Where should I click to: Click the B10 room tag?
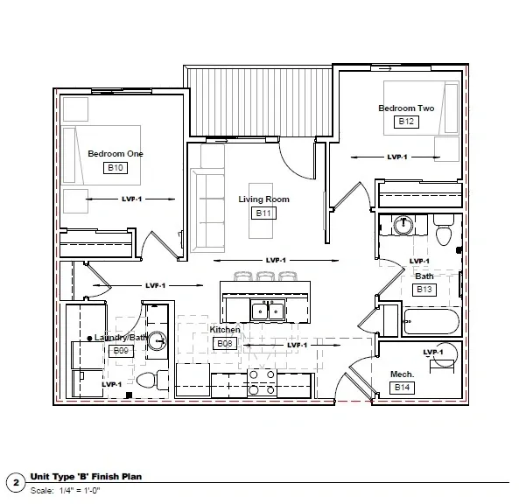pyautogui.click(x=116, y=168)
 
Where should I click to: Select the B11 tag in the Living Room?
pyautogui.click(x=263, y=213)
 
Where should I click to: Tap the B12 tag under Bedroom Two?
pyautogui.click(x=406, y=122)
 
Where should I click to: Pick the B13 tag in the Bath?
pyautogui.click(x=424, y=290)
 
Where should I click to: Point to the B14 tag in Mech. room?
pyautogui.click(x=402, y=387)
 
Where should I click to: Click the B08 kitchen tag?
pyautogui.click(x=225, y=344)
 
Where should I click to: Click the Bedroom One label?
pyautogui.click(x=116, y=153)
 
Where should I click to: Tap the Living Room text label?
pyautogui.click(x=263, y=199)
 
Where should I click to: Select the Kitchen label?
pyautogui.click(x=225, y=330)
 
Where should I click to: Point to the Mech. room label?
pyautogui.click(x=402, y=374)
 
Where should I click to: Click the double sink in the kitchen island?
pyautogui.click(x=268, y=311)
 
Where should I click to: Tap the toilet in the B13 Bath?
pyautogui.click(x=444, y=230)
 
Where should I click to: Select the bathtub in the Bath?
pyautogui.click(x=431, y=321)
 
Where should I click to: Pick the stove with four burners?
pyautogui.click(x=262, y=383)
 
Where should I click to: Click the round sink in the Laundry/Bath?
pyautogui.click(x=157, y=340)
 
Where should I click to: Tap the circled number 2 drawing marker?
pyautogui.click(x=16, y=483)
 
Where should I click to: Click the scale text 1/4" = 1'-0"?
pyautogui.click(x=80, y=490)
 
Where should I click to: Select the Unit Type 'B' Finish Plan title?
pyautogui.click(x=86, y=477)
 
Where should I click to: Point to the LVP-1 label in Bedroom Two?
pyautogui.click(x=397, y=157)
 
